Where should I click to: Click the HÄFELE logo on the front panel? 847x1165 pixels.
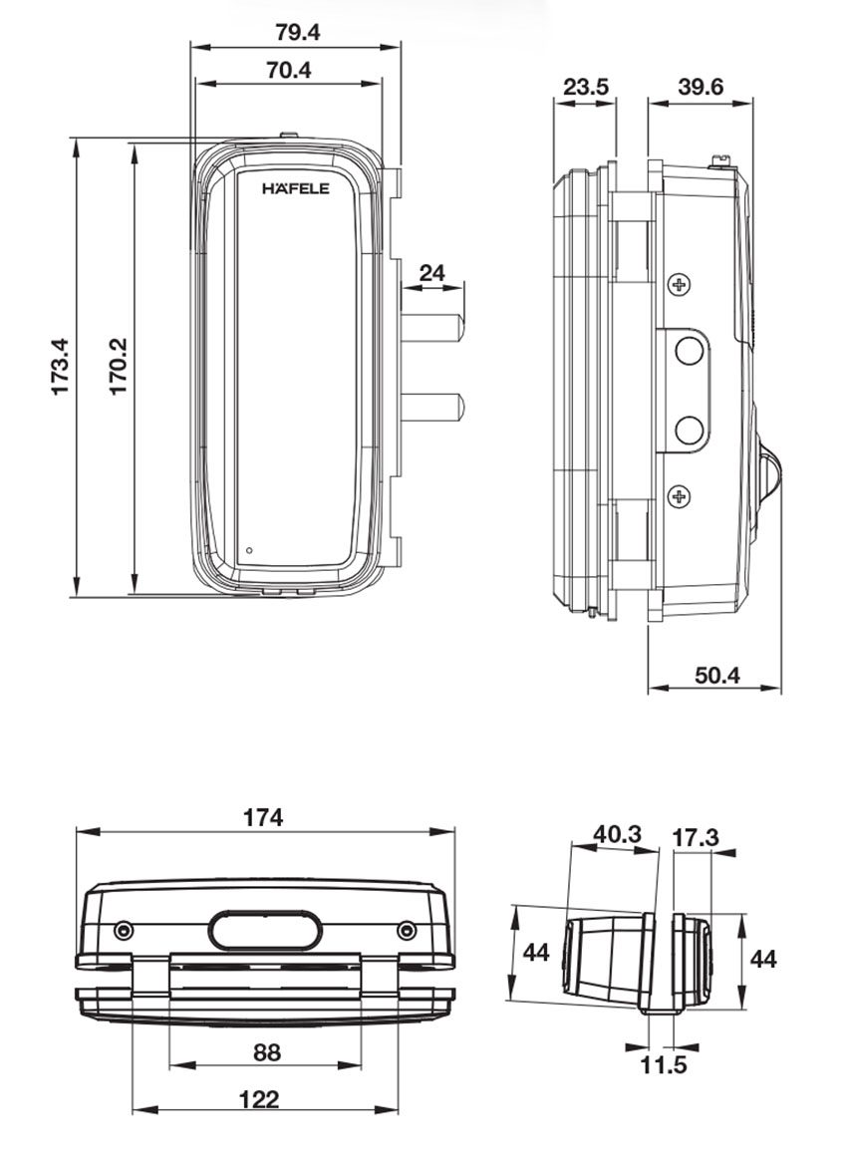[x=295, y=188]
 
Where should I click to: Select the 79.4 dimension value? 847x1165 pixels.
[x=297, y=33]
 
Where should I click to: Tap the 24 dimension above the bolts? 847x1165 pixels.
[x=431, y=273]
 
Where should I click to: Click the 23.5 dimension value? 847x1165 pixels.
[x=586, y=87]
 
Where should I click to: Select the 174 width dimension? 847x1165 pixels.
[x=264, y=817]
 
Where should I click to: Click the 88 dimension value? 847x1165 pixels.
[x=267, y=1052]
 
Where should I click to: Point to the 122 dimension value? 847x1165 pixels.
[x=260, y=1099]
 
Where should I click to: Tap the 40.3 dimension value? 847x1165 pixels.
[x=617, y=834]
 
